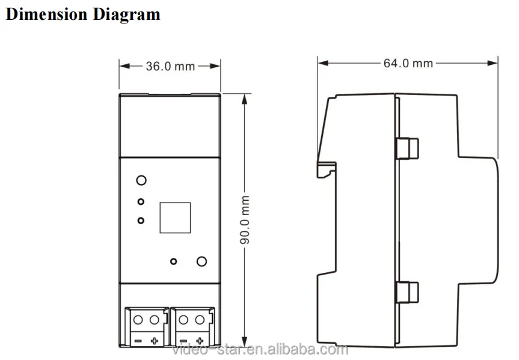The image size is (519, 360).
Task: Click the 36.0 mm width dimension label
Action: pyautogui.click(x=170, y=66)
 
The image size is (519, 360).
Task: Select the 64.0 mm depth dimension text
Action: pyautogui.click(x=408, y=63)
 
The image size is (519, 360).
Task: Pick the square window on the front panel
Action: pyautogui.click(x=175, y=218)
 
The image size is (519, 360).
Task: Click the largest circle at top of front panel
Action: pyautogui.click(x=141, y=180)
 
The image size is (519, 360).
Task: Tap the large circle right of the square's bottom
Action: pyautogui.click(x=202, y=261)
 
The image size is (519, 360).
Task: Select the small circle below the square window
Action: pyautogui.click(x=173, y=261)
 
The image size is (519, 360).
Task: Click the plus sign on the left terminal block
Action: pyautogui.click(x=155, y=341)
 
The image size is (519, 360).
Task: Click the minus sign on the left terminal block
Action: pyautogui.click(x=137, y=341)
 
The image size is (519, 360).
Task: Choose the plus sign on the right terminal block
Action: pyautogui.click(x=200, y=341)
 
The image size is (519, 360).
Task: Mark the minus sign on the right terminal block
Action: pyautogui.click(x=183, y=341)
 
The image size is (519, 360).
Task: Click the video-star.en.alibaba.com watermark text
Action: pyautogui.click(x=260, y=350)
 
